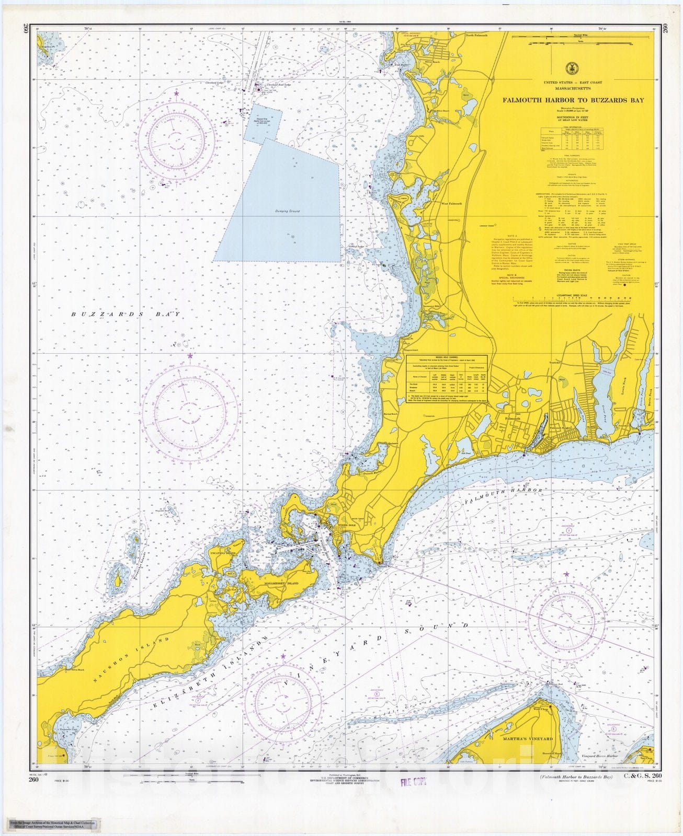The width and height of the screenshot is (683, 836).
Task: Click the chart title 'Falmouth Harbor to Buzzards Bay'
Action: [x=573, y=100]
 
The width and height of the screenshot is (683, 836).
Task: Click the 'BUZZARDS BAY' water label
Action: [x=126, y=315]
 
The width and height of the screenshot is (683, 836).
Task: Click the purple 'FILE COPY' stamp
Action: [x=413, y=782]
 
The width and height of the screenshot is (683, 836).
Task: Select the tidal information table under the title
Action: [x=573, y=138]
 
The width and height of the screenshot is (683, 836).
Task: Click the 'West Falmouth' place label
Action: [x=451, y=204]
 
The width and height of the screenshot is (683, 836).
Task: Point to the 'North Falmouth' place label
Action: [x=476, y=36]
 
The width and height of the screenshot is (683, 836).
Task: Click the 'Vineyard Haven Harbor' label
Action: [x=600, y=756]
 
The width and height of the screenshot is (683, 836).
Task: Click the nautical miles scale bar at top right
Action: [x=573, y=39]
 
